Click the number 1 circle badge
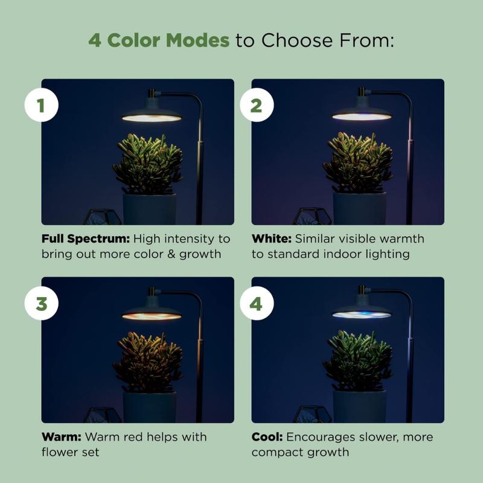(x=41, y=106)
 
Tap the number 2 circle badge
(x=256, y=106)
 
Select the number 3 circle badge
(x=41, y=304)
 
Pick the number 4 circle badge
(x=256, y=304)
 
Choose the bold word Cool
(x=267, y=437)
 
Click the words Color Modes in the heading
(x=179, y=40)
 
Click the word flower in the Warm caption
(x=59, y=451)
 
